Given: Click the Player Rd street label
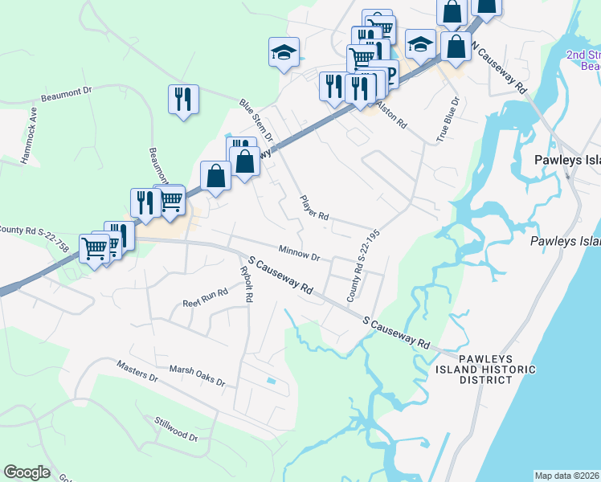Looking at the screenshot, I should tap(314, 207).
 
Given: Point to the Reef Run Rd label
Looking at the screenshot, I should tap(206, 298).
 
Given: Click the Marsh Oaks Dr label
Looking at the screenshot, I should tap(197, 375).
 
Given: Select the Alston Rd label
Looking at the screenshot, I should tap(394, 116).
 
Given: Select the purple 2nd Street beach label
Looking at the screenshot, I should tap(583, 60).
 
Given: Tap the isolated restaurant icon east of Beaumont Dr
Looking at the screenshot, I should tap(183, 100).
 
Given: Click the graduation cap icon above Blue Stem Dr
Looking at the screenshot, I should tap(284, 53).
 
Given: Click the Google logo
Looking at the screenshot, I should tap(27, 472).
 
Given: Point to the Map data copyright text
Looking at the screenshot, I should tap(567, 476).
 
